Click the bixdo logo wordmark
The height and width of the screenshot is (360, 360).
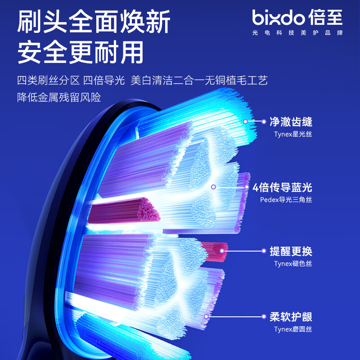coord(279,17)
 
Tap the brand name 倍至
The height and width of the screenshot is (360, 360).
coord(325,17)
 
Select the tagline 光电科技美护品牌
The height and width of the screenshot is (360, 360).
coord(297,33)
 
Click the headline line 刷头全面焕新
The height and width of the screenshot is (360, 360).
coord(94,22)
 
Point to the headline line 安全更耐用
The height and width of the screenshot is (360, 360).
coord(81,52)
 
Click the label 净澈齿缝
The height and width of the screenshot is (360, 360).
coord(291,121)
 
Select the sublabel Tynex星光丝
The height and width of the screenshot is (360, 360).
coord(293,134)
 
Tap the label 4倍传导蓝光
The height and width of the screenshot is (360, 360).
coord(282,187)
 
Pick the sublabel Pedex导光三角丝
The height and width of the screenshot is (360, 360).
coord(286,200)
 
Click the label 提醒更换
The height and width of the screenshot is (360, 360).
coord(291,251)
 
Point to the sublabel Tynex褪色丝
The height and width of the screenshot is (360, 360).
coord(293,264)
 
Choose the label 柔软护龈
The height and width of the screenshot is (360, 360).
coord(291,317)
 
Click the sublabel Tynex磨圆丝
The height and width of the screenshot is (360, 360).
coord(293,329)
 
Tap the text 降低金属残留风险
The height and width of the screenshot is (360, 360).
coord(59,97)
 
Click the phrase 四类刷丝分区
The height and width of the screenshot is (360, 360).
coord(49,81)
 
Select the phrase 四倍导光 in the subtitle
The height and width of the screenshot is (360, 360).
coord(104,81)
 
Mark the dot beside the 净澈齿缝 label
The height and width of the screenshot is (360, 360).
coord(264,121)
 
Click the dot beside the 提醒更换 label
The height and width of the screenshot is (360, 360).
coord(264,251)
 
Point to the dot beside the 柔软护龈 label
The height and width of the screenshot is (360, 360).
coord(264,317)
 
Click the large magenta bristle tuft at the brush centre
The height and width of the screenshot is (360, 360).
coord(124,211)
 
